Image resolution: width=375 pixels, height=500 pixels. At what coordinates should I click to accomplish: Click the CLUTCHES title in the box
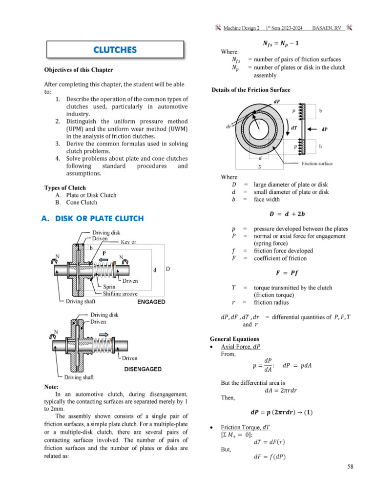point(115,50)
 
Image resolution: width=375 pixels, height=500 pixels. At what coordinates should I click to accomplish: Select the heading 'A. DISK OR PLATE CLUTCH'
point(92,218)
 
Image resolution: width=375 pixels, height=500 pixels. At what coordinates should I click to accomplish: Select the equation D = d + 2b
point(288,213)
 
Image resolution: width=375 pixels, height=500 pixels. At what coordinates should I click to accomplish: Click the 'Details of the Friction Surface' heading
point(250,90)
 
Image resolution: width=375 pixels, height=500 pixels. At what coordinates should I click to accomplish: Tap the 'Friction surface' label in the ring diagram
point(317,164)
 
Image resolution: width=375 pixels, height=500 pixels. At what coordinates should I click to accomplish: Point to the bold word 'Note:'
point(52,387)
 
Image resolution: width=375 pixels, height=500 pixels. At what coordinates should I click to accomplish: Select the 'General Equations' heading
point(234,338)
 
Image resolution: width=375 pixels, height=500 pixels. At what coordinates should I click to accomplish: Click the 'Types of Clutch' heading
point(65,187)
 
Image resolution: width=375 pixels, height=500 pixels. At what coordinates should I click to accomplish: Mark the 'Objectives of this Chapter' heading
point(78,70)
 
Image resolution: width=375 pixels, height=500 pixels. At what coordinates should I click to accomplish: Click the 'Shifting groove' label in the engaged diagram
point(121,294)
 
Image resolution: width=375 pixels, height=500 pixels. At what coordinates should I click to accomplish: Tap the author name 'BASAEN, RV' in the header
point(327,29)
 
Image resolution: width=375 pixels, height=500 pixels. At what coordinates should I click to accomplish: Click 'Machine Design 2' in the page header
point(241,29)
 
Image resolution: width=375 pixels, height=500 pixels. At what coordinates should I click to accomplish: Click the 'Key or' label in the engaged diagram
point(128,242)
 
